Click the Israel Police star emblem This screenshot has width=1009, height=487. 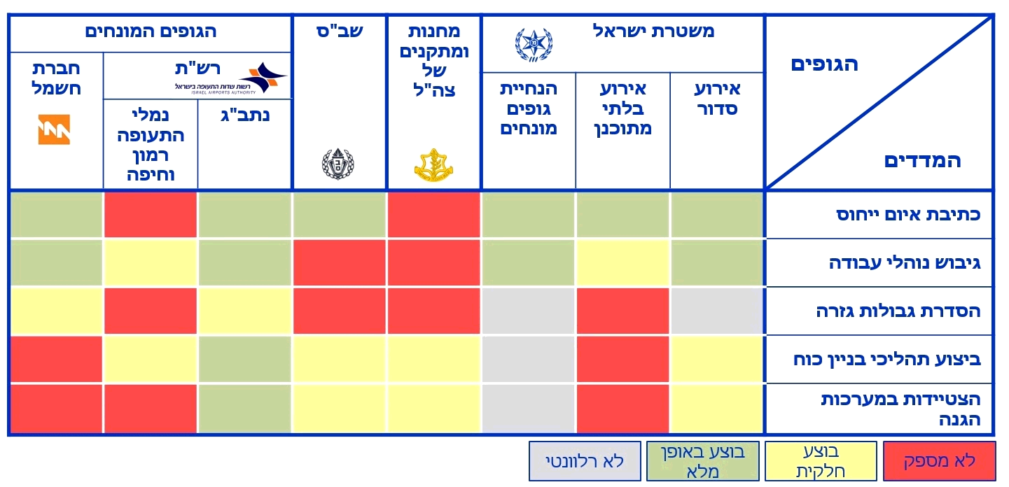click(x=534, y=45)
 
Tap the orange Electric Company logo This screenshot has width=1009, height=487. click(x=54, y=129)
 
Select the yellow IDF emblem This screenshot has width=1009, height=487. click(x=434, y=165)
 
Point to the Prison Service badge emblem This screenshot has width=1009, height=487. click(x=338, y=164)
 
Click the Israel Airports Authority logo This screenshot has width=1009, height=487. click(x=230, y=78)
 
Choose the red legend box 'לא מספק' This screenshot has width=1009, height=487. click(x=939, y=461)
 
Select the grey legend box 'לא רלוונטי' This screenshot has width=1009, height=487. click(x=585, y=461)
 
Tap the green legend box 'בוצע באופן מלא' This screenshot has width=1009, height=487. click(x=703, y=461)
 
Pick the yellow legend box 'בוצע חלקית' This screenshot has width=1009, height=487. click(x=821, y=461)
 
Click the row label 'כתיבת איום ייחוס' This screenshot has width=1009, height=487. click(x=908, y=215)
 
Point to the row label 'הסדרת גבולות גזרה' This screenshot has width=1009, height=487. click(x=898, y=311)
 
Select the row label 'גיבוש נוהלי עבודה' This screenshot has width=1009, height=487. click(x=905, y=263)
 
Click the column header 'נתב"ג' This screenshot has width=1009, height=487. click(x=245, y=115)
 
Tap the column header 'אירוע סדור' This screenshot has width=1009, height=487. click(x=717, y=99)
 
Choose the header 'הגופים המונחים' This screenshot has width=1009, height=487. click(x=151, y=31)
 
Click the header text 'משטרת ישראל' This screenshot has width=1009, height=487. click(x=653, y=31)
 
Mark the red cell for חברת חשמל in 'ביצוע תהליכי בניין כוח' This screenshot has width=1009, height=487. click(x=56, y=359)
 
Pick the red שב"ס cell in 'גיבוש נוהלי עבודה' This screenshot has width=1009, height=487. click(x=339, y=262)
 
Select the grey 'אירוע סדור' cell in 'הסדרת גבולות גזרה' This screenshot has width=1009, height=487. click(x=716, y=311)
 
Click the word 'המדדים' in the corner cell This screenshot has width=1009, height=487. click(x=922, y=161)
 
